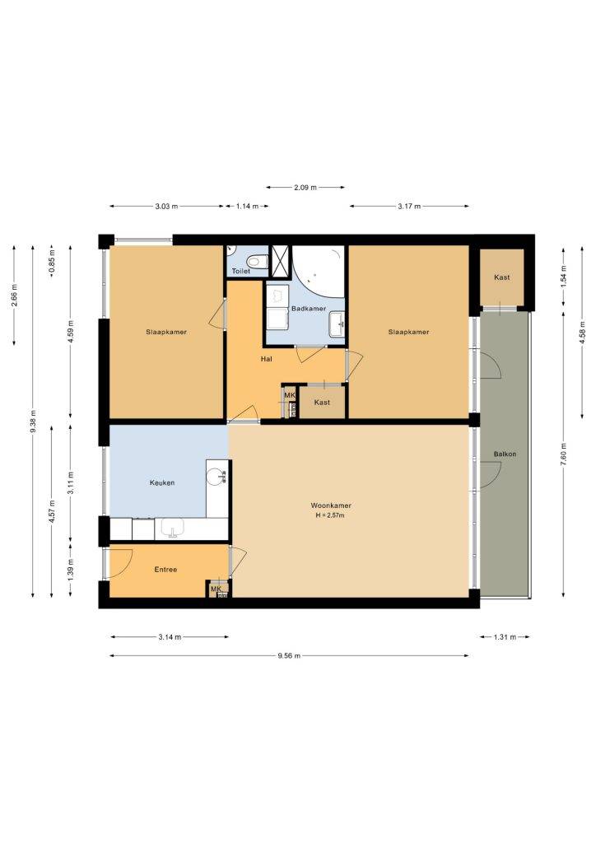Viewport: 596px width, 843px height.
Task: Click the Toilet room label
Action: click(240, 272)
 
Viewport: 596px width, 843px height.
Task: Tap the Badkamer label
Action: click(309, 309)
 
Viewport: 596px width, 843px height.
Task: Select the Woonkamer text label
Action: click(330, 505)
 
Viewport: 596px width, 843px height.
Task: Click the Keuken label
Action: click(162, 482)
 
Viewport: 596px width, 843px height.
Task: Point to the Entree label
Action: click(165, 570)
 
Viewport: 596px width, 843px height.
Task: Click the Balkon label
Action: click(505, 454)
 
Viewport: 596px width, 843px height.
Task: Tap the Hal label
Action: click(266, 359)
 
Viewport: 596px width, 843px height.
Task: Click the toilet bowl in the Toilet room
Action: click(261, 261)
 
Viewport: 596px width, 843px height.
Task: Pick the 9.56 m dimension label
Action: click(289, 655)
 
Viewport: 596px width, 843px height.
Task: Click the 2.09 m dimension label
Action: click(305, 188)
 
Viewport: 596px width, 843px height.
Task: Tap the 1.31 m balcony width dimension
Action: click(505, 637)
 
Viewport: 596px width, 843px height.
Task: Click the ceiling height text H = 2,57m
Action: click(330, 515)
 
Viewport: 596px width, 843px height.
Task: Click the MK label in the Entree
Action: click(216, 589)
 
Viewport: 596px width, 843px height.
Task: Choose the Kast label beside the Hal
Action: click(322, 403)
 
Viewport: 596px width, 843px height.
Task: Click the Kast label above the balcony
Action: click(502, 277)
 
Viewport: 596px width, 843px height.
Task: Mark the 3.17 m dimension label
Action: click(409, 206)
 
